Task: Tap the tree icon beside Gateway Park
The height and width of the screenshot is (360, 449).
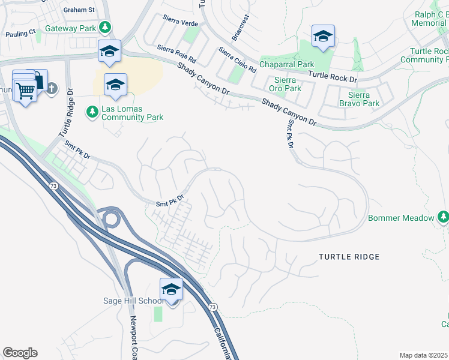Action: (x=105, y=28)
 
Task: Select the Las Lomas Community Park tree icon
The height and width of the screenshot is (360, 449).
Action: (x=92, y=111)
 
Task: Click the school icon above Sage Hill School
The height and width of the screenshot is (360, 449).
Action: (x=171, y=289)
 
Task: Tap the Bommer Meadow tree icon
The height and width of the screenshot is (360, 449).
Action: (x=443, y=217)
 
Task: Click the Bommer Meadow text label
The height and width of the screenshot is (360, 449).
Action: (x=400, y=218)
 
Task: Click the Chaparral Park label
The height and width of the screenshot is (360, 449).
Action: (x=286, y=64)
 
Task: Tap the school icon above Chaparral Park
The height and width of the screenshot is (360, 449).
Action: (x=323, y=37)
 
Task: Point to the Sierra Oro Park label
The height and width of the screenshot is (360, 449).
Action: (x=284, y=84)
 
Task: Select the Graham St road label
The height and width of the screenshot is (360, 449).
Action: (x=78, y=10)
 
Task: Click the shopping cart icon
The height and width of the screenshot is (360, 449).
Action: (x=25, y=91)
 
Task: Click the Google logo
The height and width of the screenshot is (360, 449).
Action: (x=20, y=353)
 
